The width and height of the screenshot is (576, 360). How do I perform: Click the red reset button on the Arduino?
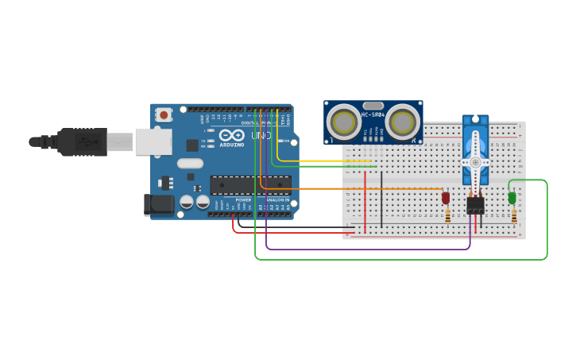pyautogui.click(x=164, y=114)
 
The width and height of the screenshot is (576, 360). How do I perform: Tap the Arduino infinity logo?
pyautogui.click(x=231, y=135)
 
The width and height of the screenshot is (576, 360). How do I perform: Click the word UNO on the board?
pyautogui.click(x=261, y=136)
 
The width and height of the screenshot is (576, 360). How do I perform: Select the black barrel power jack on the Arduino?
pyautogui.click(x=158, y=205)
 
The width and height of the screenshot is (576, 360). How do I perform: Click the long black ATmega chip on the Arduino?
pyautogui.click(x=250, y=184)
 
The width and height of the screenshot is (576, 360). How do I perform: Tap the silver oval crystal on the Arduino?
pyautogui.click(x=190, y=164)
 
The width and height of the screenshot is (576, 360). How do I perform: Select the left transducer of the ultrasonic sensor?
pyautogui.click(x=344, y=122)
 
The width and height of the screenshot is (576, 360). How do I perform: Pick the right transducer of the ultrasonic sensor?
pyautogui.click(x=404, y=122)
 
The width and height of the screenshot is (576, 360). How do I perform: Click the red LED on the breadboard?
pyautogui.click(x=446, y=197)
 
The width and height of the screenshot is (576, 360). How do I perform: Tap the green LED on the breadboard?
pyautogui.click(x=512, y=198)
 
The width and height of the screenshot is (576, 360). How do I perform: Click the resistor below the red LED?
pyautogui.click(x=448, y=215)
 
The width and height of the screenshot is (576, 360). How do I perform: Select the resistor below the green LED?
pyautogui.click(x=514, y=215)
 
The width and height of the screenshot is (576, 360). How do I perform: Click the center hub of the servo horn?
pyautogui.click(x=475, y=162)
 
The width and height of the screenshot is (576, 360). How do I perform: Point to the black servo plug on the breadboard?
pyautogui.click(x=475, y=205)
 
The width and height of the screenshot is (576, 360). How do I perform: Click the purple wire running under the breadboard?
pyautogui.click(x=365, y=250)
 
